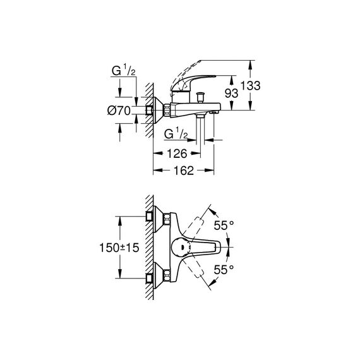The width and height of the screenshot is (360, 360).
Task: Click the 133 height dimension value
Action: pos(251,86)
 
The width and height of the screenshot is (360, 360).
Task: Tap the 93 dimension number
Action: pos(231,93)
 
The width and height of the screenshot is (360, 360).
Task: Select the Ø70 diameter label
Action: pos(119,111)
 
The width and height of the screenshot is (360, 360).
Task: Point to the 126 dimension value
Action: pos(177,153)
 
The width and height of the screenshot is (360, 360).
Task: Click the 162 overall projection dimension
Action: pos(184,171)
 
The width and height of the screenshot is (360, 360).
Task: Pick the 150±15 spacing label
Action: pos(119,248)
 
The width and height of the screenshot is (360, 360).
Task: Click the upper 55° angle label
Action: pos(224,225)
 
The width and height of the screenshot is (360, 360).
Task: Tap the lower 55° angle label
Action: pos(224,270)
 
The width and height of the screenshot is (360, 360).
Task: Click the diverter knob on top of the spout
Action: pos(200,97)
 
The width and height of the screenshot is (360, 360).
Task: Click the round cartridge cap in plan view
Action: pos(181,248)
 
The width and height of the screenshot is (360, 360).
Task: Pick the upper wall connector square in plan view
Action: pos(150,217)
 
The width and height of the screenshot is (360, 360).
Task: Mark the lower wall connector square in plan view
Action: pos(150,279)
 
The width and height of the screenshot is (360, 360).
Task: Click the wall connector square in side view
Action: pos(150,111)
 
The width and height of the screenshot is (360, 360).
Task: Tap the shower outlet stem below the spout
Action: pos(200,129)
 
